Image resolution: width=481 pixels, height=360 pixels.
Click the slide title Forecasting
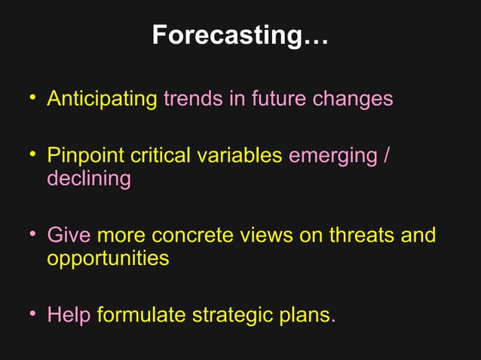[x=240, y=35]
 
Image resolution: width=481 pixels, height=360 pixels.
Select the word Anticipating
[x=102, y=99]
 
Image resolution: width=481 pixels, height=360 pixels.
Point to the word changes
[x=353, y=99]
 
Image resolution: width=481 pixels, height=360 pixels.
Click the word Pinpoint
[x=85, y=156]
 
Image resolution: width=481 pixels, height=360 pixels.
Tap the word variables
[x=240, y=156]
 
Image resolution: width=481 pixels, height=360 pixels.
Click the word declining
[x=88, y=179]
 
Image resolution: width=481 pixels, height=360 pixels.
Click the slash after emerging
[x=387, y=156]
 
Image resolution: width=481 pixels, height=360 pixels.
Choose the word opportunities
[x=108, y=258]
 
